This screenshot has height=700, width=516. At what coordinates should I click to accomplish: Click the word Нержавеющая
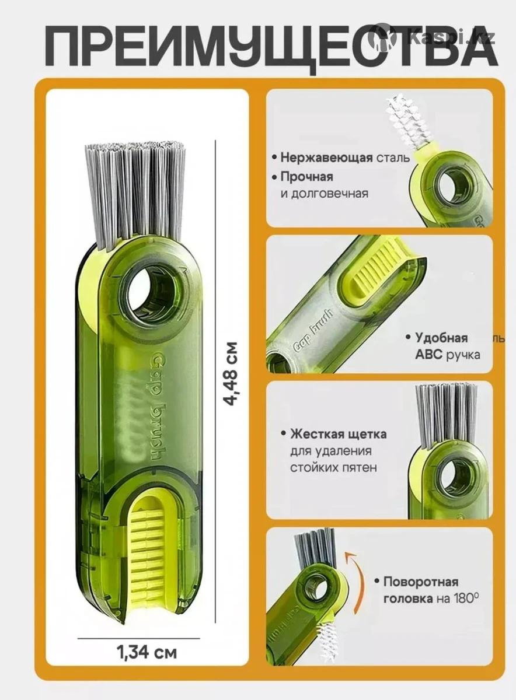[326, 157]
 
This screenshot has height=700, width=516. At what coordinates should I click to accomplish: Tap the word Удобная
[441, 338]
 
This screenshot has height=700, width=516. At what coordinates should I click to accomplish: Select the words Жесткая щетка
[338, 434]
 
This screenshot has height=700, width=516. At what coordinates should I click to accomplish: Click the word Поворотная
[421, 582]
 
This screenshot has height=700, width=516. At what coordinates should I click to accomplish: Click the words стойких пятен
[334, 467]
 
